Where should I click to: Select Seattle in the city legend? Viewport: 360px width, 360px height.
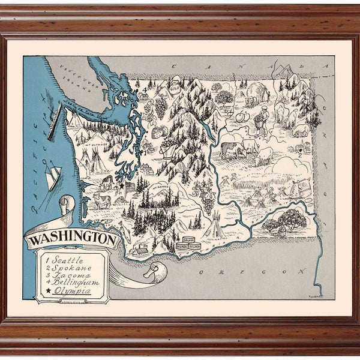click(66, 260)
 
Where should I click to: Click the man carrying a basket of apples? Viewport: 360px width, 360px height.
click(260, 121)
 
